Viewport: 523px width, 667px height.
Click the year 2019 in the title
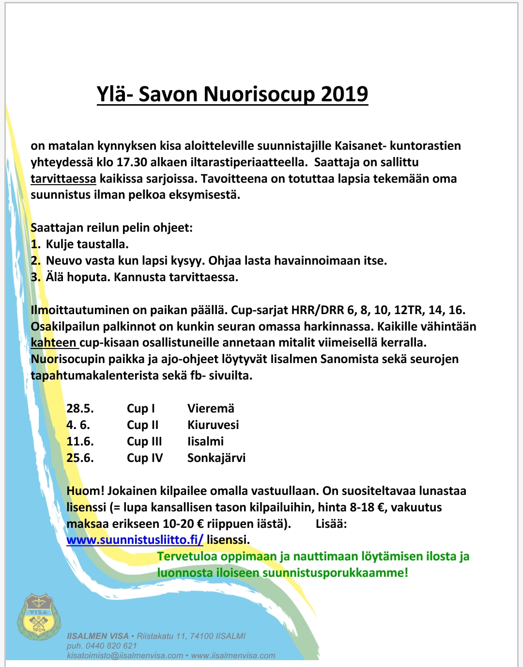(x=344, y=94)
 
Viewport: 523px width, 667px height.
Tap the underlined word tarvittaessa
(x=63, y=179)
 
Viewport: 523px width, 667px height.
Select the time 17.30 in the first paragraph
(x=132, y=162)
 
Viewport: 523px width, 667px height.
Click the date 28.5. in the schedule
(x=80, y=409)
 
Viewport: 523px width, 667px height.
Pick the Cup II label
(x=142, y=425)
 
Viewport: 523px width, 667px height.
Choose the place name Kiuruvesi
(x=213, y=425)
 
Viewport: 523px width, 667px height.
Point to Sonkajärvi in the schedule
(x=216, y=458)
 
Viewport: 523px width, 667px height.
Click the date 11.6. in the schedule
(x=80, y=442)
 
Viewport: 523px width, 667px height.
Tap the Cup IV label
(x=145, y=458)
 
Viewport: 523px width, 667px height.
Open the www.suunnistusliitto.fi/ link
(x=135, y=540)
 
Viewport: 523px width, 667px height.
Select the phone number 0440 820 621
(x=111, y=646)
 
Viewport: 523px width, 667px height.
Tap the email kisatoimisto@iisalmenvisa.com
(x=125, y=655)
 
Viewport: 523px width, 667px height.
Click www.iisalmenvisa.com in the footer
(x=233, y=655)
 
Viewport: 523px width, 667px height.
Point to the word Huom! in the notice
(x=85, y=491)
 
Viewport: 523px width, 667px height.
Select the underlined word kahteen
(x=53, y=343)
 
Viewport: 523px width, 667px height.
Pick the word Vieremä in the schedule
(x=211, y=409)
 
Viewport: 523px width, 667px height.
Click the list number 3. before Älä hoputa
(x=35, y=277)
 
